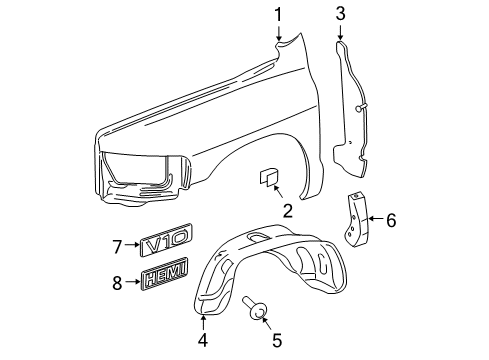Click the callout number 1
[279, 14]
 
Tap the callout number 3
[340, 14]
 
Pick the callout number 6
[391, 219]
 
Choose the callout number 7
[116, 246]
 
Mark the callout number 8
[116, 283]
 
